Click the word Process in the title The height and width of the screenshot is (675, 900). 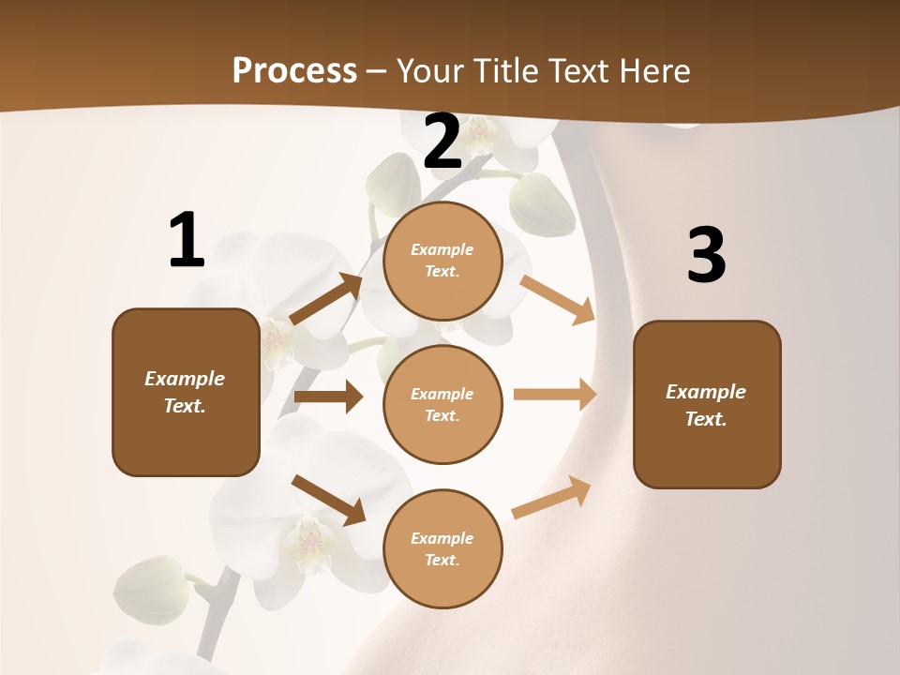(x=294, y=71)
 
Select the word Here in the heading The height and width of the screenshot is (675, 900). (x=652, y=71)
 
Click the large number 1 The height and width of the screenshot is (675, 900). (x=186, y=241)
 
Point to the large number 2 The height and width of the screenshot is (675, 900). (x=442, y=141)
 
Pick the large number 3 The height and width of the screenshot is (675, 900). (x=706, y=256)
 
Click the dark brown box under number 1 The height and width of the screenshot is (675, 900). (x=186, y=392)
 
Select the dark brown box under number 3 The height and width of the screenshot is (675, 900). (x=707, y=405)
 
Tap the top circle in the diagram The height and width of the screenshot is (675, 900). (x=442, y=261)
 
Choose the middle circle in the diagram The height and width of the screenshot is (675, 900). (x=442, y=405)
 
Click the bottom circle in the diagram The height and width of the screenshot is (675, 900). (x=442, y=549)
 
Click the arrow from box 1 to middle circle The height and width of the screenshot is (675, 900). (x=328, y=397)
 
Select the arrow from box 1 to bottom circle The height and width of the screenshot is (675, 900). (x=328, y=500)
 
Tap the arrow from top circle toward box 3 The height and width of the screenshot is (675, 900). (x=557, y=299)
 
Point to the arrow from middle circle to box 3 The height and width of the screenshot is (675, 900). (x=555, y=395)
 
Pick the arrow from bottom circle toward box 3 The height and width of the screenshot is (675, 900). (x=551, y=498)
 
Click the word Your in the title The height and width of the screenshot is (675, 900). (x=428, y=71)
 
